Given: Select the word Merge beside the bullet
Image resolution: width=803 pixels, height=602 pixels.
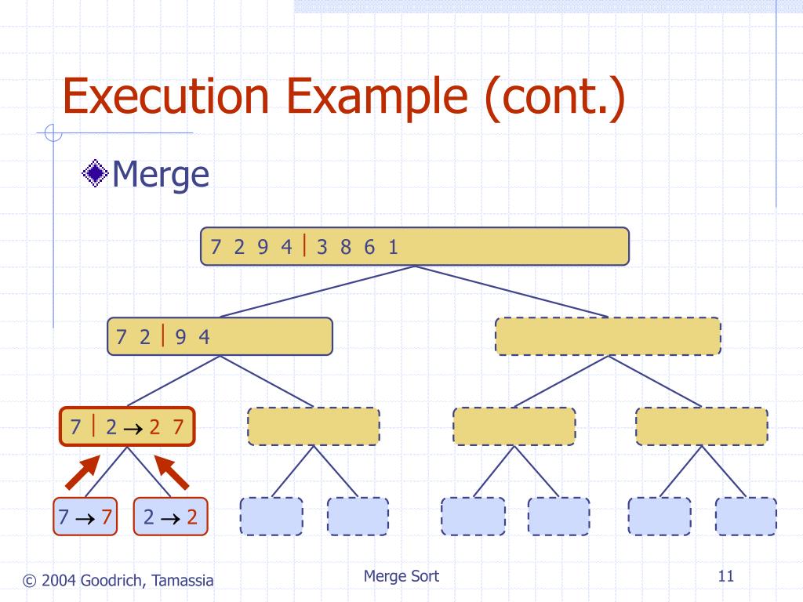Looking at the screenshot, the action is coord(160,175).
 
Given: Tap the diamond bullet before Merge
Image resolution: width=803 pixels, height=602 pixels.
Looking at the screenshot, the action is coord(95,173).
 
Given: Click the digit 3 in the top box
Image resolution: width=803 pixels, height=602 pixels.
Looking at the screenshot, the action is coord(322,247).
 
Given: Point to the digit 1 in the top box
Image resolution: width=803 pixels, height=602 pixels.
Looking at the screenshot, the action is coord(393,247).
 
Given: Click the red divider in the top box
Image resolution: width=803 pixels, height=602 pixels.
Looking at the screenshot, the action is coord(305,245).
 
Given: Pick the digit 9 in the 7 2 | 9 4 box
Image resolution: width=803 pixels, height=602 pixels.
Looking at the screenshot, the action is coord(180,337).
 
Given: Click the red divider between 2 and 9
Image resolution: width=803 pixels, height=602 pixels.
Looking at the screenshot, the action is coord(163,335).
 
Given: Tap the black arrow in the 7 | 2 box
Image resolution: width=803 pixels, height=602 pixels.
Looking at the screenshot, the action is coord(133,428).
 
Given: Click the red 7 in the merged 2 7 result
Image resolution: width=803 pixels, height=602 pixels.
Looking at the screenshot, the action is coord(178,426).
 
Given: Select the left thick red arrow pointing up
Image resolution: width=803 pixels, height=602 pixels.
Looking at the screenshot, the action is coord(82,472).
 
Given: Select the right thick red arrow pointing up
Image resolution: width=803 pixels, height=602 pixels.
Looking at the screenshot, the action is coord(172,472).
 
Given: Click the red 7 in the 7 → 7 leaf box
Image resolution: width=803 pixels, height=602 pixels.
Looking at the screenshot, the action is coord(107,517).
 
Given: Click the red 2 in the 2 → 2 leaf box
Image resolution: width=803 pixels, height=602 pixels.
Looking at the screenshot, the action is coord(192,517).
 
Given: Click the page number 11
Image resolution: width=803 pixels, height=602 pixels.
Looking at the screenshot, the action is coord(725,576).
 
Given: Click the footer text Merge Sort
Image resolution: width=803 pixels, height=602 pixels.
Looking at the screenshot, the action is coord(401,576).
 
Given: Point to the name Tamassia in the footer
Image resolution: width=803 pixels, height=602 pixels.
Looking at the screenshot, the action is coord(182,581).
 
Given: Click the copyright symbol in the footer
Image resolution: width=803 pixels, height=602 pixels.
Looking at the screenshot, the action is coord(30,581).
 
